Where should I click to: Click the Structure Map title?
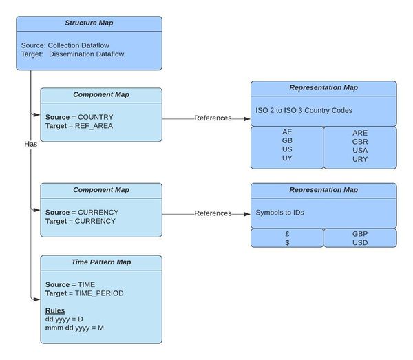[x=89, y=23]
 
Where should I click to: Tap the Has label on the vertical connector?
[x=30, y=145]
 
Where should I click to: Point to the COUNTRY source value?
[x=95, y=117]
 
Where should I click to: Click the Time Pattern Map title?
[x=101, y=262]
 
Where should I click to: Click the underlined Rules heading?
[x=55, y=310]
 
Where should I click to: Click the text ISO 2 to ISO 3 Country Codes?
[x=303, y=110]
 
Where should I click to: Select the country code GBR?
[x=360, y=141]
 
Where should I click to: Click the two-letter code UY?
[x=287, y=158]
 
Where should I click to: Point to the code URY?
[x=360, y=158]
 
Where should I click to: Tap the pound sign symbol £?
[x=287, y=234]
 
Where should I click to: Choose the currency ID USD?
[x=360, y=242]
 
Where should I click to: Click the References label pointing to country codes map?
[x=213, y=118]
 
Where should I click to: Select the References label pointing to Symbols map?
[x=213, y=213]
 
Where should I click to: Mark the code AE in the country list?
[x=287, y=131]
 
